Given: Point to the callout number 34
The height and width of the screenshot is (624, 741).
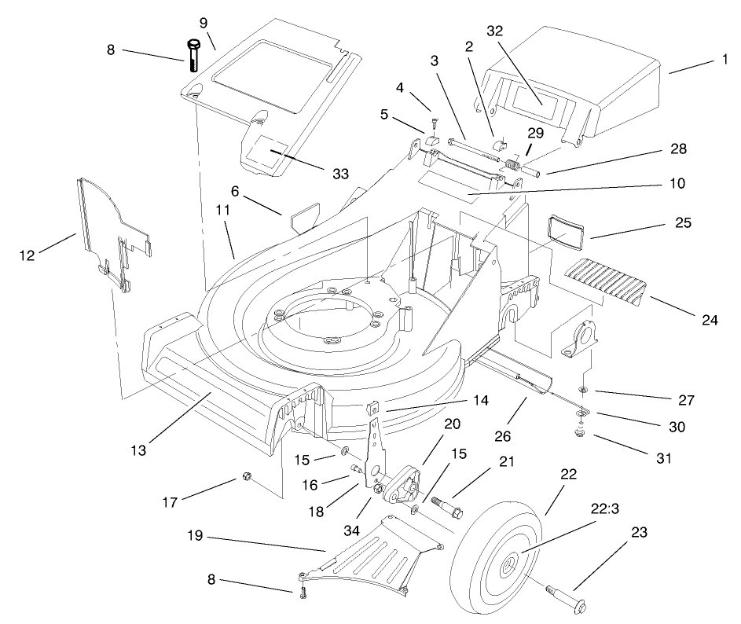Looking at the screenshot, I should [358, 532].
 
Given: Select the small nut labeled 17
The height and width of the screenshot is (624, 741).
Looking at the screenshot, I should [245, 476].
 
